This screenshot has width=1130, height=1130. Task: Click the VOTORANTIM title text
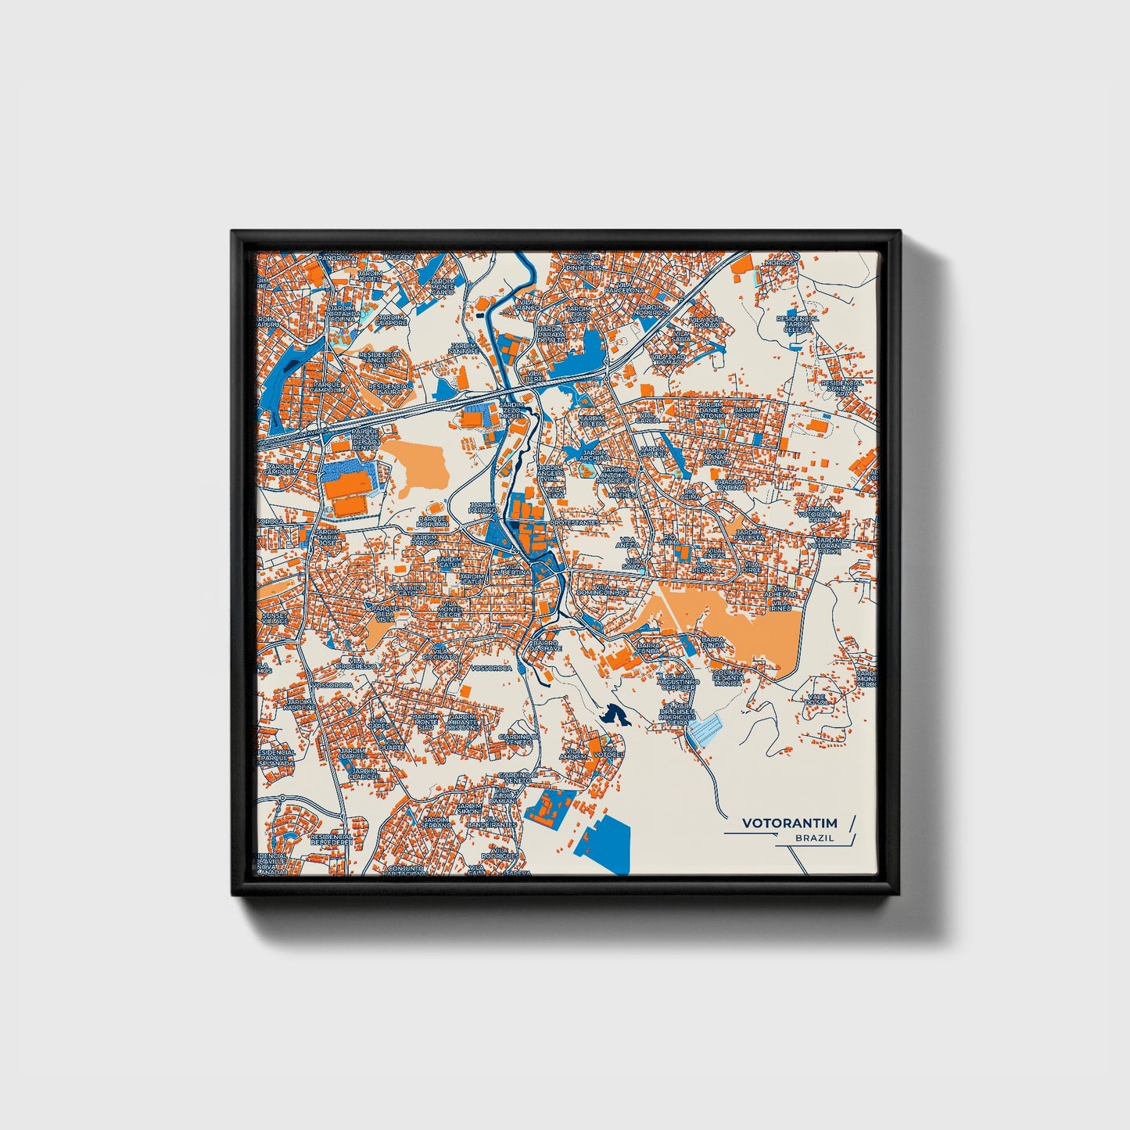click(789, 823)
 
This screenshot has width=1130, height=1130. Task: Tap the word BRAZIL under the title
click(814, 838)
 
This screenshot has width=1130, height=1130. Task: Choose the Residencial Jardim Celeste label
click(798, 324)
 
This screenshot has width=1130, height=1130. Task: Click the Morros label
click(779, 264)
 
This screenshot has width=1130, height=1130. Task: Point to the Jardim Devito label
click(746, 411)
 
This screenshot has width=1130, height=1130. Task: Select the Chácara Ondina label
click(731, 485)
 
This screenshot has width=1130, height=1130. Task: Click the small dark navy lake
click(614, 714)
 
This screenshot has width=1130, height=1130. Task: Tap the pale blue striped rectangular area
click(706, 729)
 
